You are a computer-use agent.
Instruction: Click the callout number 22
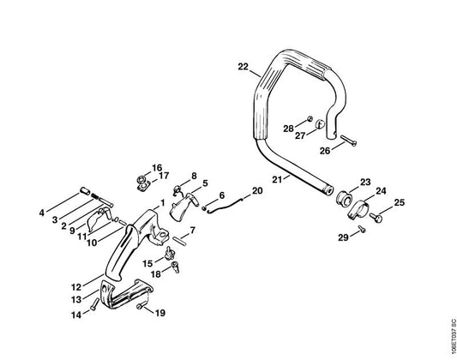243,67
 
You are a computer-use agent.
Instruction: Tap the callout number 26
325,151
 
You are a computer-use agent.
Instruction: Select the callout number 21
277,179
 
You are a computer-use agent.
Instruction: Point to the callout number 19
160,313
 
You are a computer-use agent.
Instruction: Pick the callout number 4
42,213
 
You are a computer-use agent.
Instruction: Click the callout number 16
157,168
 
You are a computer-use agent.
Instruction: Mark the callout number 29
343,237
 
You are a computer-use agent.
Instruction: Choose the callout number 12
76,287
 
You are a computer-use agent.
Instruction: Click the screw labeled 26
348,141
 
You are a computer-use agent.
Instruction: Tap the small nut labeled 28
310,118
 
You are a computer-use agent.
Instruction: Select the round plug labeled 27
320,124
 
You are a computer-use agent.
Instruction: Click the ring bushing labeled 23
345,198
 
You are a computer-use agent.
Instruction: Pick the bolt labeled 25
376,217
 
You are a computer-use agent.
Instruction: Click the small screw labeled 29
362,230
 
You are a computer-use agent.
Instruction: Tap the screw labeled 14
93,304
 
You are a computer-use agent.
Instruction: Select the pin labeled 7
179,242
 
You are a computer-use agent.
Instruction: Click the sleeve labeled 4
85,192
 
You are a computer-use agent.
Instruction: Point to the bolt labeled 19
142,305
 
